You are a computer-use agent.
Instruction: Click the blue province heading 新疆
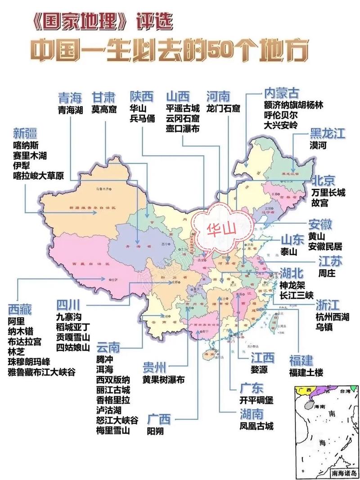tap(25, 133)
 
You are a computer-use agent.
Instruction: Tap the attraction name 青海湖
tap(71, 109)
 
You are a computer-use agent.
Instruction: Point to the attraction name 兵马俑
tap(142, 119)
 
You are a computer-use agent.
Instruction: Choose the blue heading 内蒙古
tap(281, 94)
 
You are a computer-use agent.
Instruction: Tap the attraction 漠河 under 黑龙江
tap(318, 146)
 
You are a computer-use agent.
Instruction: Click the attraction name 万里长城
tap(328, 193)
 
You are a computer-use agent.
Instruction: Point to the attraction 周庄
tap(319, 273)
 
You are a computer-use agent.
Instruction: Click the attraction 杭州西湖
tap(332, 317)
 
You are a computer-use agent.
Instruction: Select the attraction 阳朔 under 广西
tap(155, 431)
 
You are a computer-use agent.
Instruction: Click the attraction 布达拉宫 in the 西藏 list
tap(24, 341)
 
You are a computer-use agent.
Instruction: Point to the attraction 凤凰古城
tap(256, 426)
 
